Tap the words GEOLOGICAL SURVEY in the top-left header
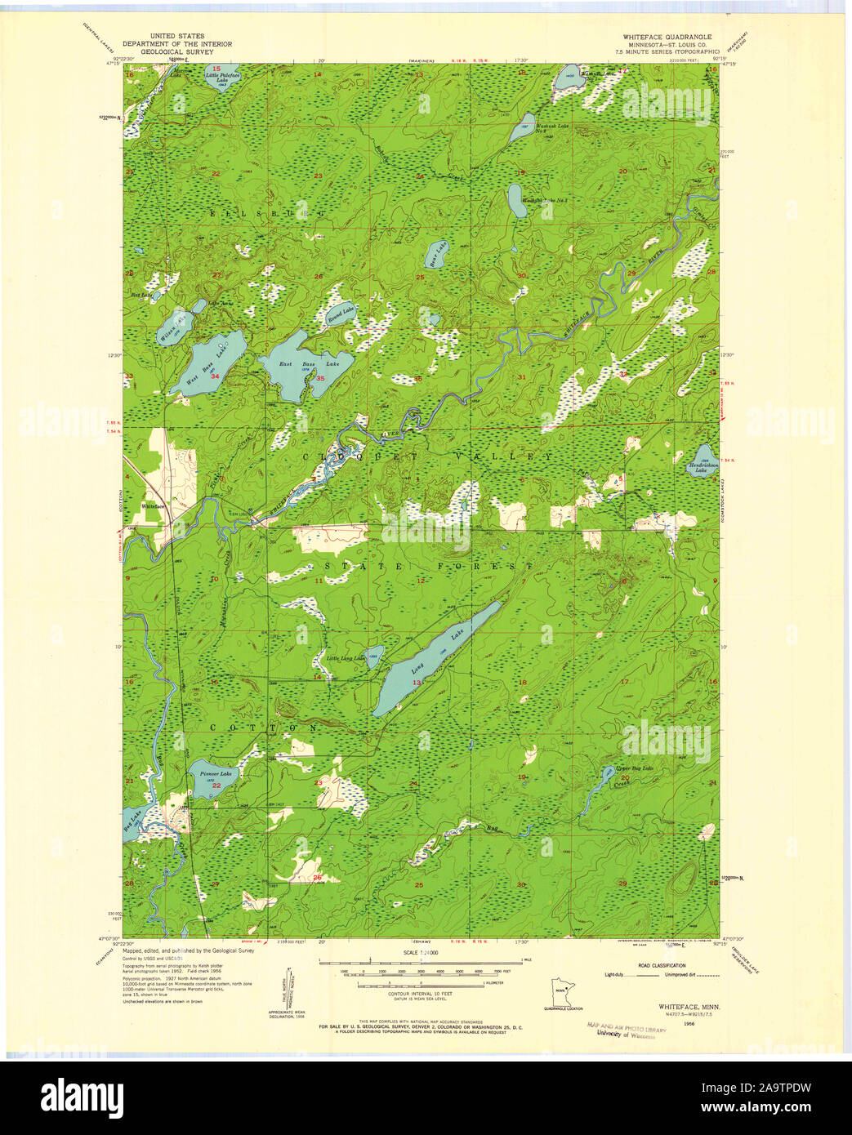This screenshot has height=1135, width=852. tap(176, 51)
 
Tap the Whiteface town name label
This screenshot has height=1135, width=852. tap(153, 506)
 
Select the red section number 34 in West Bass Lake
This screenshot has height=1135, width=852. tap(215, 376)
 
